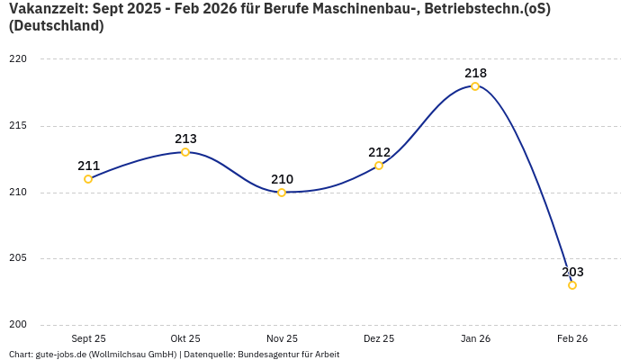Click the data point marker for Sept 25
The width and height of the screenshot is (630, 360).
point(88,179)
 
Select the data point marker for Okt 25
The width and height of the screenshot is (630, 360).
point(185,152)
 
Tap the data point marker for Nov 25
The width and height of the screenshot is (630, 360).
point(282,193)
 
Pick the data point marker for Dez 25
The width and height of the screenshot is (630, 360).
point(379,166)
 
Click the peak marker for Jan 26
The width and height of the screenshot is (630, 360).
point(475,86)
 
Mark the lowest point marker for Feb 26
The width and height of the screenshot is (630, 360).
point(572,285)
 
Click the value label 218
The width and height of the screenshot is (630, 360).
point(475,73)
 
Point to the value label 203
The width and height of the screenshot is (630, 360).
point(572,272)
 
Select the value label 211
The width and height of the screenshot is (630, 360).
point(88,166)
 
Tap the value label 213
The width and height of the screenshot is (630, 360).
point(185,139)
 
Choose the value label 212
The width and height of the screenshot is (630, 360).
point(379,152)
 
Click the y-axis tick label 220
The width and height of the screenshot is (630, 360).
point(19,59)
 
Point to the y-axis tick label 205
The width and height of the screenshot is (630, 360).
point(19,258)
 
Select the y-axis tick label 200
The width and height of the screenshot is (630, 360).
point(19,325)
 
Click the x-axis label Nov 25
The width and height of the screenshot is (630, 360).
point(282,338)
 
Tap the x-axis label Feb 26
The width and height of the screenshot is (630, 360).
point(572,338)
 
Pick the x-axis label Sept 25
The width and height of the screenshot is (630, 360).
point(88,338)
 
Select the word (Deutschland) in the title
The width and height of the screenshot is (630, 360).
point(56,26)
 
